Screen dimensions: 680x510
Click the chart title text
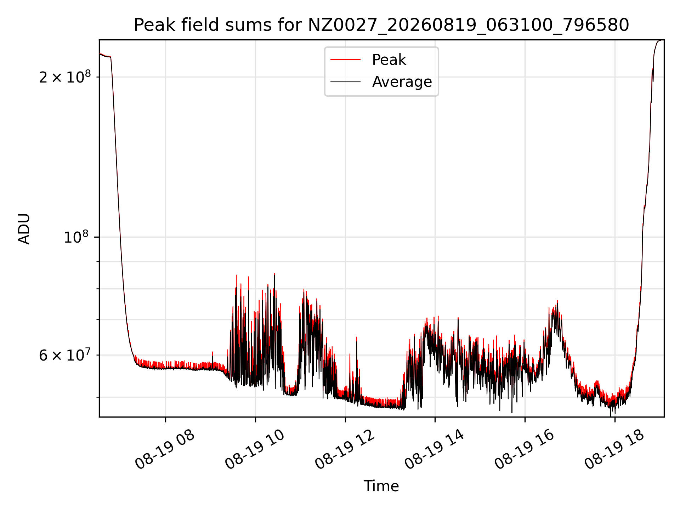coord(381,25)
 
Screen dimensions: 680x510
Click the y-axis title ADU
coord(24,229)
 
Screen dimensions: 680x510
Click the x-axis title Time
coord(381,486)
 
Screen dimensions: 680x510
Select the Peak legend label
coord(389,60)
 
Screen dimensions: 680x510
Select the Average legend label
coord(402,82)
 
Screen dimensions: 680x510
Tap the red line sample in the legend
coord(345,60)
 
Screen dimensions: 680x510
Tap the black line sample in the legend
coord(345,82)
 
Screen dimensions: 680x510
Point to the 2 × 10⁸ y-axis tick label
coord(65,77)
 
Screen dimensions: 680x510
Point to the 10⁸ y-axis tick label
coord(77,237)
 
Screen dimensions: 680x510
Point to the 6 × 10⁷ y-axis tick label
coord(65,355)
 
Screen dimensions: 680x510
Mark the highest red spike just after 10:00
coord(274,274)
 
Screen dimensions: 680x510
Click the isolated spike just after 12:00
coord(356,338)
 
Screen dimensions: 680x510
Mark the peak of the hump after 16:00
coord(557,301)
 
